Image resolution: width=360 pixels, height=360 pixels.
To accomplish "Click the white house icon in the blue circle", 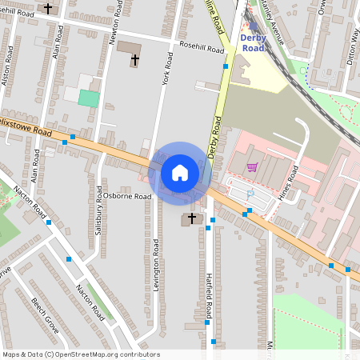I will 179,172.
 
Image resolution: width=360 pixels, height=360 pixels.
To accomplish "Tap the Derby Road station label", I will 253,42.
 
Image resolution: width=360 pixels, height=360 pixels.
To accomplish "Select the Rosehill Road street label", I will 202,47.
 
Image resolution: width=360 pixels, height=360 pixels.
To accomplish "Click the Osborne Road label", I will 126,196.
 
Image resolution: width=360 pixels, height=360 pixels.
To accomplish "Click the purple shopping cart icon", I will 252,167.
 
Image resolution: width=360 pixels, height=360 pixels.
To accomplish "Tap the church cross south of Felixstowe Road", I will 192,218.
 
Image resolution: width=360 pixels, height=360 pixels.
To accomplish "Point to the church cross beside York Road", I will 134,60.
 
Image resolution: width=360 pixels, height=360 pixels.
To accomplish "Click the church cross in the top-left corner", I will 48,9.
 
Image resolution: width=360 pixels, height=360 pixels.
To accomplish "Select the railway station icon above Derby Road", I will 253,26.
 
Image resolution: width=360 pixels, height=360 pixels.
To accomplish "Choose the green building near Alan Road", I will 90,98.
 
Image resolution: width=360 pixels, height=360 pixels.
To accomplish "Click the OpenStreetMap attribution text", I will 81,354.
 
